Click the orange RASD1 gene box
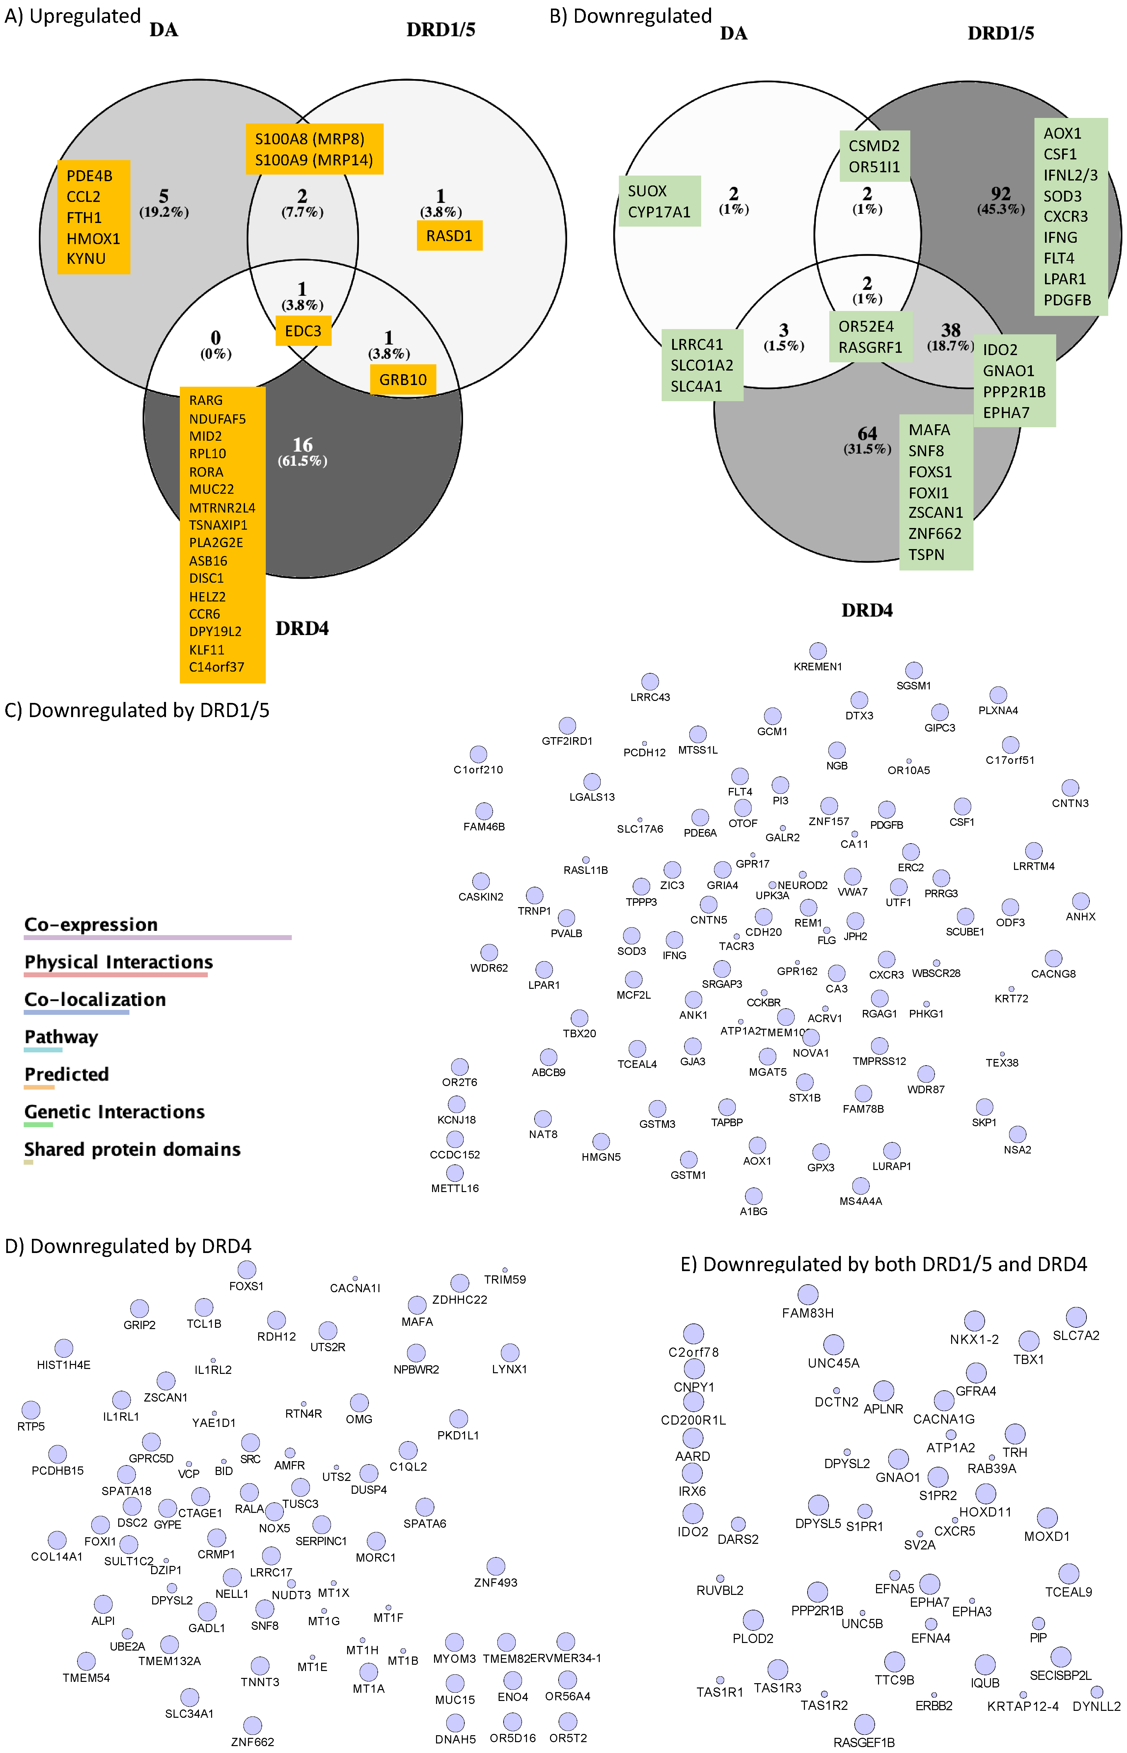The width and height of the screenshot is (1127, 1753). pyautogui.click(x=449, y=236)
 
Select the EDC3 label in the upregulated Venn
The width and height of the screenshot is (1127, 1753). pyautogui.click(x=303, y=331)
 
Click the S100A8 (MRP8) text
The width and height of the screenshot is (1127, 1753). pyautogui.click(x=309, y=139)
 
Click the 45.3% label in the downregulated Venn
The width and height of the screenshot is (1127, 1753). pyautogui.click(x=1001, y=209)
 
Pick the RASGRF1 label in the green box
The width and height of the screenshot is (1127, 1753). pyautogui.click(x=870, y=348)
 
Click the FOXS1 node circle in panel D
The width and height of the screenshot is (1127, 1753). pyautogui.click(x=247, y=1269)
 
